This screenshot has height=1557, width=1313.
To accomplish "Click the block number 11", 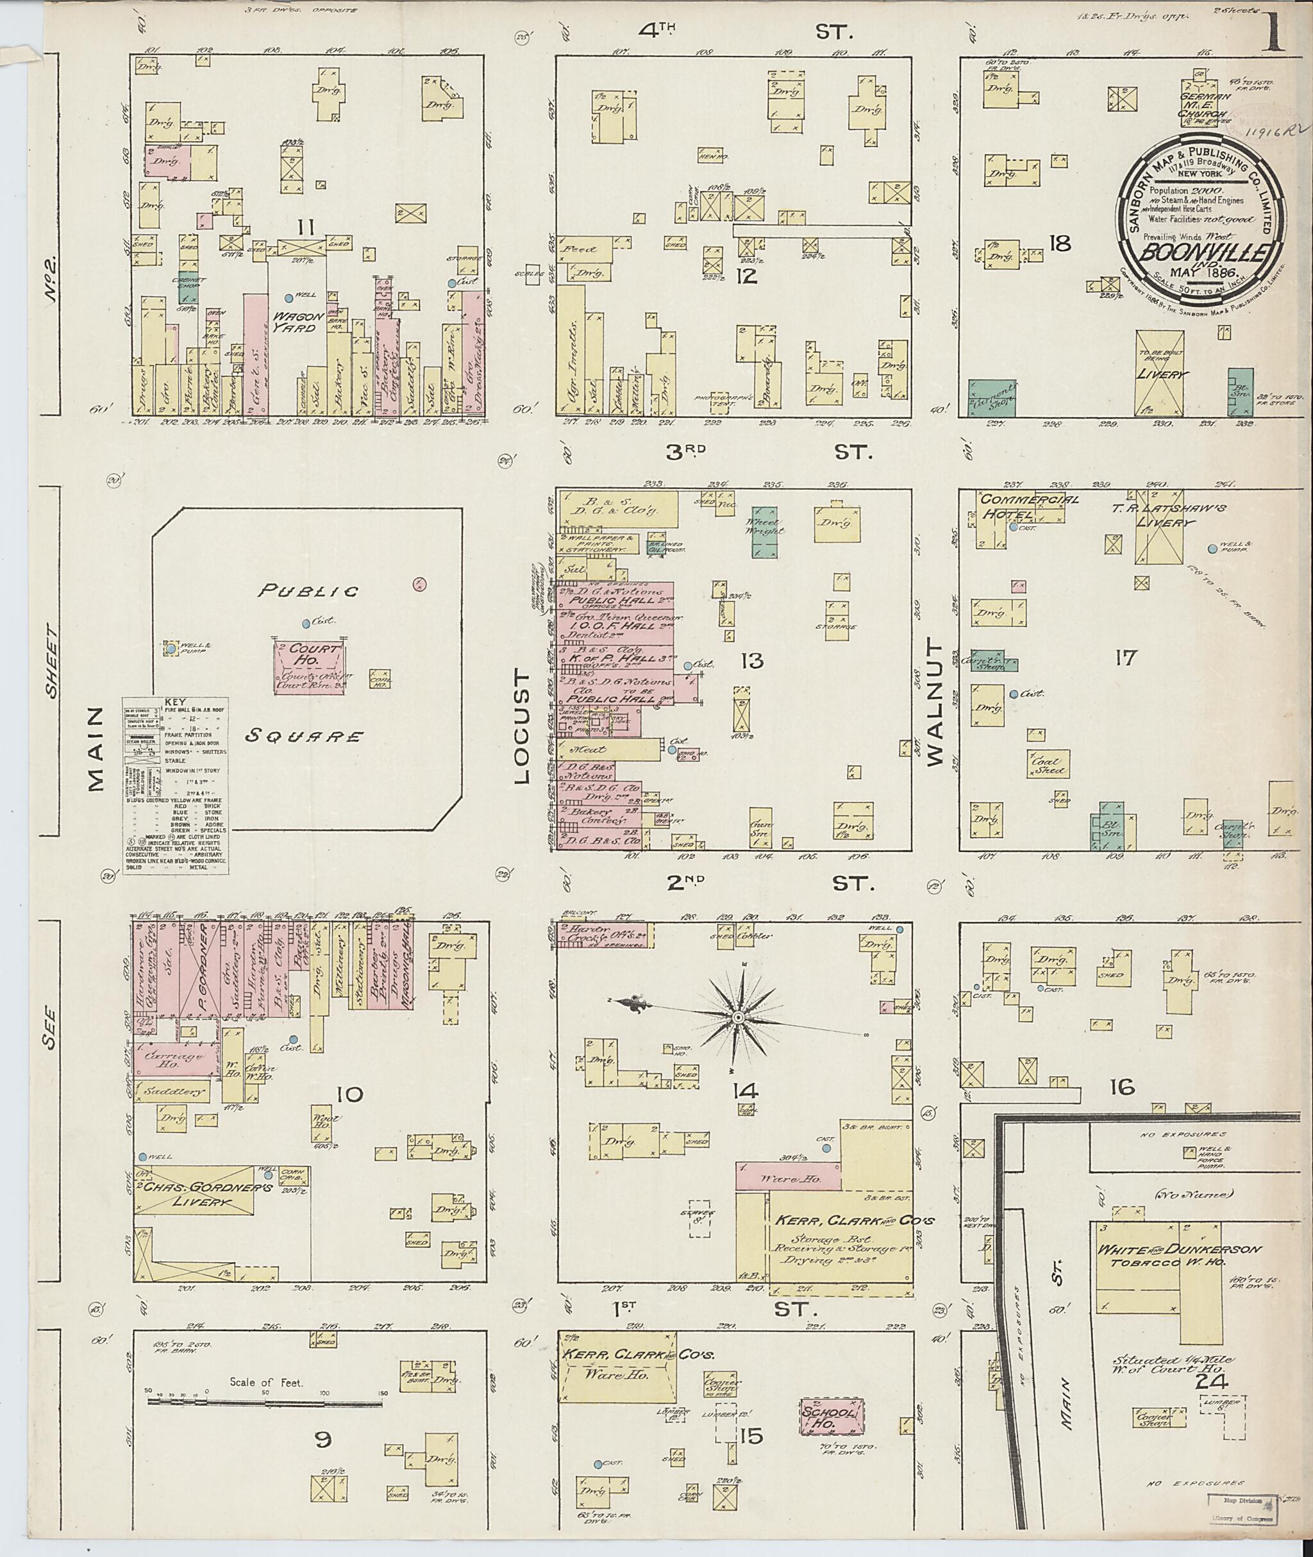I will [305, 227].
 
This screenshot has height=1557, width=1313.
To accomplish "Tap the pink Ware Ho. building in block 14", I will [788, 1180].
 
